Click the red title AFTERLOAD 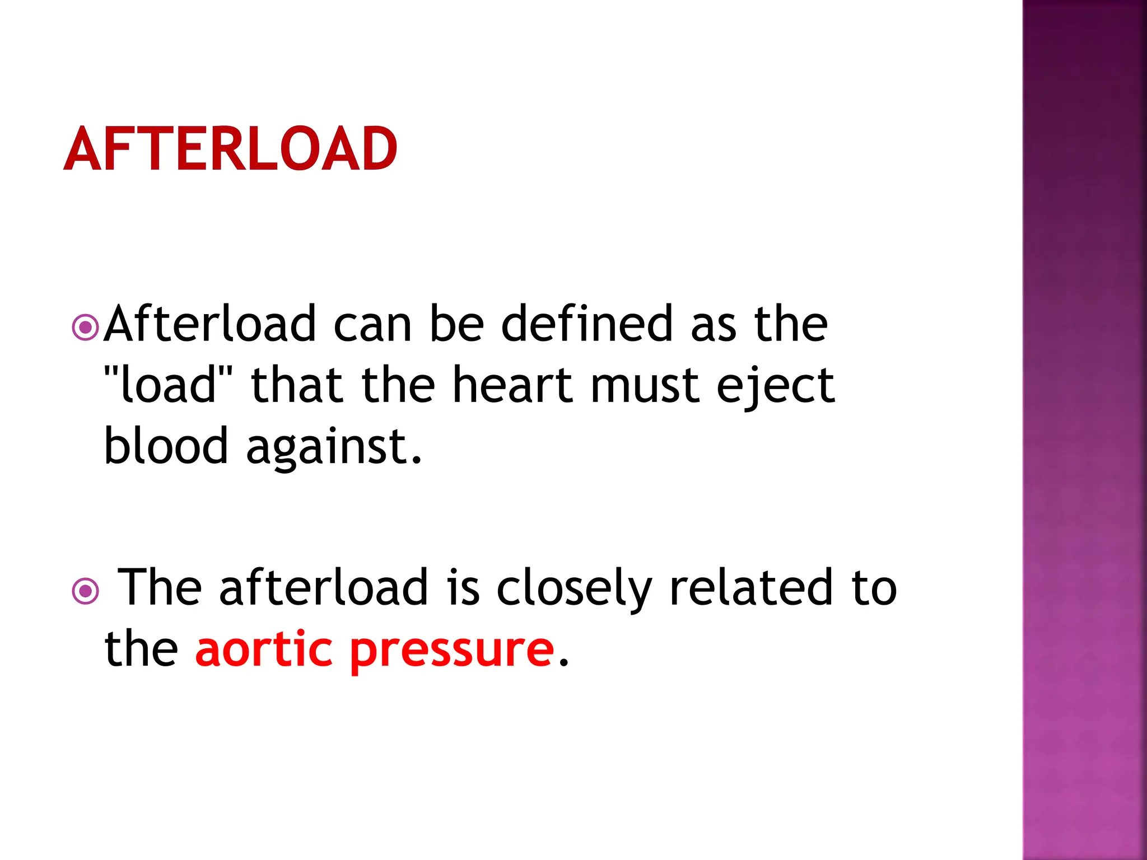click(x=230, y=149)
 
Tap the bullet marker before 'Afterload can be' click(x=86, y=327)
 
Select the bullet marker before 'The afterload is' click(x=86, y=591)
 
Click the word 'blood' click(x=166, y=446)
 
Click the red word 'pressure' click(x=452, y=651)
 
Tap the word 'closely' click(x=575, y=588)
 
